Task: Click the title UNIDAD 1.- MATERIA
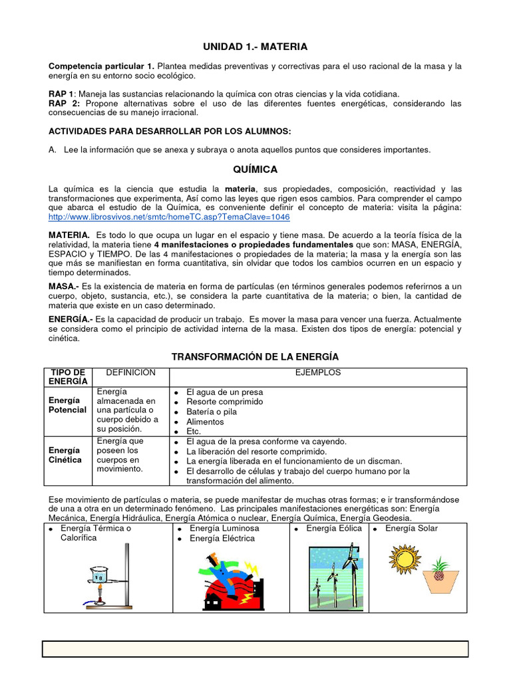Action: [x=255, y=47]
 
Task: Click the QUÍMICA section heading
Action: [x=255, y=170]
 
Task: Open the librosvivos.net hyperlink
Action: [x=169, y=217]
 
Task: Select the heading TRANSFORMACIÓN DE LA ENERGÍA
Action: [x=255, y=357]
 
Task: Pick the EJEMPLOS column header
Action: [x=318, y=372]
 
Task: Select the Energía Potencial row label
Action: [x=67, y=405]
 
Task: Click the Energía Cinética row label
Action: [x=65, y=455]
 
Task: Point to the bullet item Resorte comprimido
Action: [x=224, y=402]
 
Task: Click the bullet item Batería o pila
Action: [x=212, y=412]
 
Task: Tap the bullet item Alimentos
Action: [x=205, y=422]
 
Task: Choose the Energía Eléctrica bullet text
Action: [x=222, y=539]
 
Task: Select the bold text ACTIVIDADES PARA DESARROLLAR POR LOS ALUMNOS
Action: [x=170, y=131]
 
